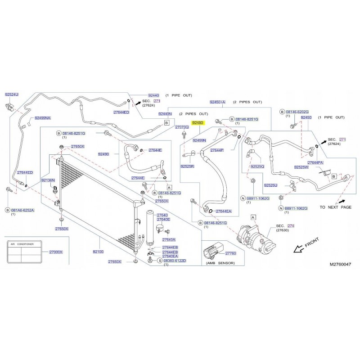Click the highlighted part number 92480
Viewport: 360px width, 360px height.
coord(198,122)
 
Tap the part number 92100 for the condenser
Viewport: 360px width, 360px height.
coord(98,252)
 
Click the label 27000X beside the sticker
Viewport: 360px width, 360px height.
coord(56,252)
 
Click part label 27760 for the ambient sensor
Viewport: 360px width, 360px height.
coord(230,253)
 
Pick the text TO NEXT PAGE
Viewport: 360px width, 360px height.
coord(335,207)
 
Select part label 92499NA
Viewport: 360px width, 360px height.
coord(43,118)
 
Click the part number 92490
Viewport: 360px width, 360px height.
coord(103,154)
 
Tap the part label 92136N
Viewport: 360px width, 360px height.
coord(48,180)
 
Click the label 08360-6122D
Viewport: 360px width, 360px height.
coord(175,261)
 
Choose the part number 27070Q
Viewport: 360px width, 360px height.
coord(181,127)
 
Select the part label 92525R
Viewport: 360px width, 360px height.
coord(187,166)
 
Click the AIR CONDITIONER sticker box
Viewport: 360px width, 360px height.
coord(25,252)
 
